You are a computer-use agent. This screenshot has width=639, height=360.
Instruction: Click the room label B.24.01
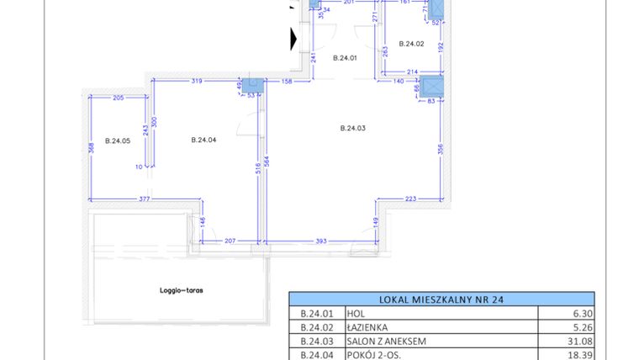click(346, 58)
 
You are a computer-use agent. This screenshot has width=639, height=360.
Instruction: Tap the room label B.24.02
click(411, 44)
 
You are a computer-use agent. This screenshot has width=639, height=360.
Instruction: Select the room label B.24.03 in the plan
click(353, 128)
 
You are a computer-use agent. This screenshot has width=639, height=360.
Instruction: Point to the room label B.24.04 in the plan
click(204, 140)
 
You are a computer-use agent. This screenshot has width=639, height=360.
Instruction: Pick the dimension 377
click(144, 200)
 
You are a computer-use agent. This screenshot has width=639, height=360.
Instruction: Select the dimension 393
click(319, 241)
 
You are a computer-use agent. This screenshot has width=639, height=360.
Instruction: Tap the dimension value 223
click(409, 200)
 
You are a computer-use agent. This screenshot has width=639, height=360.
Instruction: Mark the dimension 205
click(118, 98)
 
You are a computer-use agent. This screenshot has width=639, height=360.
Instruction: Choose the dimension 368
click(92, 148)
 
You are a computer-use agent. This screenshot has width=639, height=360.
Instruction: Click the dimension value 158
click(286, 82)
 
